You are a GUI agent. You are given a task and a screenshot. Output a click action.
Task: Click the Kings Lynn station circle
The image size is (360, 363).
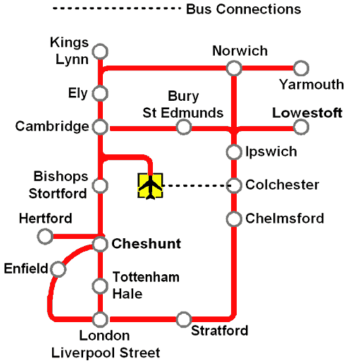pyautogui.click(x=101, y=51)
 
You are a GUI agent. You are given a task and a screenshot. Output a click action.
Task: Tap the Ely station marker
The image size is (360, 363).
pyautogui.click(x=101, y=93)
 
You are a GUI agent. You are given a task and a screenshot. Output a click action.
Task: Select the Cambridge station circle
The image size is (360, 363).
pyautogui.click(x=101, y=128)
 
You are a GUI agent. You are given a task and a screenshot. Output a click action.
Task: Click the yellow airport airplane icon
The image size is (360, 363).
pyautogui.click(x=151, y=185)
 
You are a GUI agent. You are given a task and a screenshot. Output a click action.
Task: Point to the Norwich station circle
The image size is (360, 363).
pyautogui.click(x=234, y=68)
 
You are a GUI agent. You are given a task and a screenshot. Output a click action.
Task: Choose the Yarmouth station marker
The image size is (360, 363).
pyautogui.click(x=301, y=68)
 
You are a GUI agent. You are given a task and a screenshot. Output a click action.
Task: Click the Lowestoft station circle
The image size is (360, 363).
pyautogui.click(x=301, y=127)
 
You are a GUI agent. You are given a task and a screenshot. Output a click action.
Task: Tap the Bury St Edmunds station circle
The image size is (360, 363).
pyautogui.click(x=184, y=127)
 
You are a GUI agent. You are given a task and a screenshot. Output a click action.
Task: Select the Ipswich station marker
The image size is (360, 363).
pyautogui.click(x=234, y=152)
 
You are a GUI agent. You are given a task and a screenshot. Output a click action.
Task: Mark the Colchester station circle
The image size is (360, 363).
pyautogui.click(x=234, y=185)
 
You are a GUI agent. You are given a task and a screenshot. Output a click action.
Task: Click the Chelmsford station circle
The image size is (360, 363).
pyautogui.click(x=234, y=219)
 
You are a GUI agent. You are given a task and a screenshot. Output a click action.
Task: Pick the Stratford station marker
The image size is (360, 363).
pyautogui.click(x=184, y=319)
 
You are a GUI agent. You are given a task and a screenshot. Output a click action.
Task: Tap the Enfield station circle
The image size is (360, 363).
pyautogui.click(x=58, y=269)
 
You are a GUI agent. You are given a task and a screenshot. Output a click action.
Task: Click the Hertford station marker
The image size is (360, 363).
pyautogui.click(x=45, y=236)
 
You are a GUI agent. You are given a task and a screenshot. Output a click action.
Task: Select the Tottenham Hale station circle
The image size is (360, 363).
pyautogui.click(x=101, y=286)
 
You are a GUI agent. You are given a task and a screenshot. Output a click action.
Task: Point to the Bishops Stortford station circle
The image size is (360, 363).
pyautogui.click(x=101, y=185)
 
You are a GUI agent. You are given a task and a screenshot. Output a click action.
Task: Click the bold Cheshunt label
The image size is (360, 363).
pyautogui.click(x=147, y=244)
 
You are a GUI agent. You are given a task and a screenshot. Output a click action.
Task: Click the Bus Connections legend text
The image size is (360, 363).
pyautogui.click(x=243, y=9)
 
